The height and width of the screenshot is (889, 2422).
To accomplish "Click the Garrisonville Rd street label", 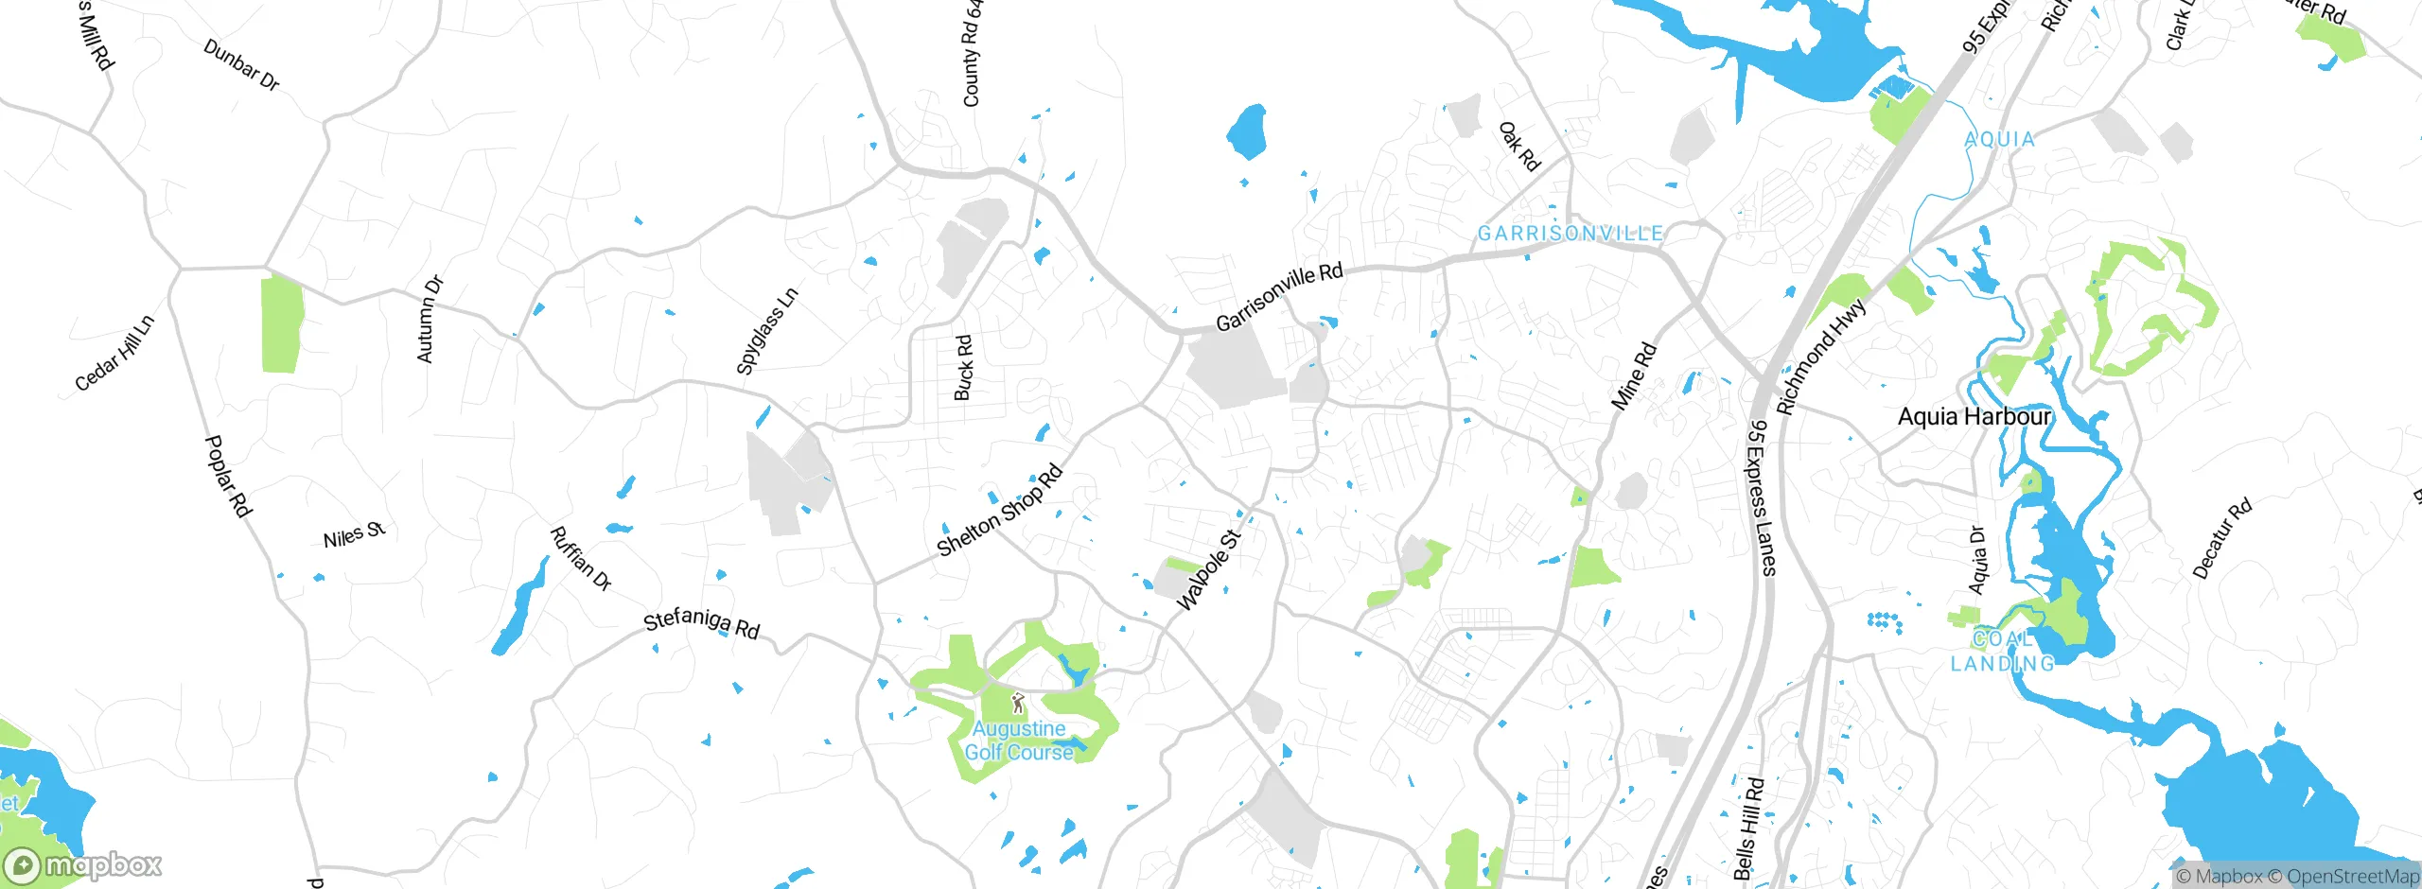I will (x=1279, y=297).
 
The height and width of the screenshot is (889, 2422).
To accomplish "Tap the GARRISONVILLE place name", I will (x=1571, y=233).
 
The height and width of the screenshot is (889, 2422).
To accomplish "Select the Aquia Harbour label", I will (x=1974, y=416).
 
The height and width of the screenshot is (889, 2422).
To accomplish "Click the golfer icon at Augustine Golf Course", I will (x=1018, y=703).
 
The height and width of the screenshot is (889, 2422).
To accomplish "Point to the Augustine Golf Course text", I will (x=1019, y=741).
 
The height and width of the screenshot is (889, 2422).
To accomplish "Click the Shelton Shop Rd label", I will (x=1000, y=511).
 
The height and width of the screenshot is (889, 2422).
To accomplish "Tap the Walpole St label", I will (x=1208, y=570).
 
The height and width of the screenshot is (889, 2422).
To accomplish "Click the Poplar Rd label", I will (x=229, y=477).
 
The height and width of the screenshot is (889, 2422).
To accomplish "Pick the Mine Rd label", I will (x=1634, y=375).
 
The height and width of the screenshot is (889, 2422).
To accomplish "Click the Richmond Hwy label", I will (x=1821, y=357).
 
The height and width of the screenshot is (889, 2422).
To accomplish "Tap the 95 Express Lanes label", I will (x=1762, y=497).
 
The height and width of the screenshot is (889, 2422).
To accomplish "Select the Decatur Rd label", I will (x=2221, y=538).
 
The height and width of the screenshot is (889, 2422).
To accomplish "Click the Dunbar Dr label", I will (x=241, y=65).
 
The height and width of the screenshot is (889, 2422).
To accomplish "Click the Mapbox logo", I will (x=83, y=865).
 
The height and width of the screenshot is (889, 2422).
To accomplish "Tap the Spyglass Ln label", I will (x=767, y=331).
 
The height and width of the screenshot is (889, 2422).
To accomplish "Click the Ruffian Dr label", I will (x=581, y=559).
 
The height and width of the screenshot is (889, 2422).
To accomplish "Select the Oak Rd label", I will (x=1519, y=147).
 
